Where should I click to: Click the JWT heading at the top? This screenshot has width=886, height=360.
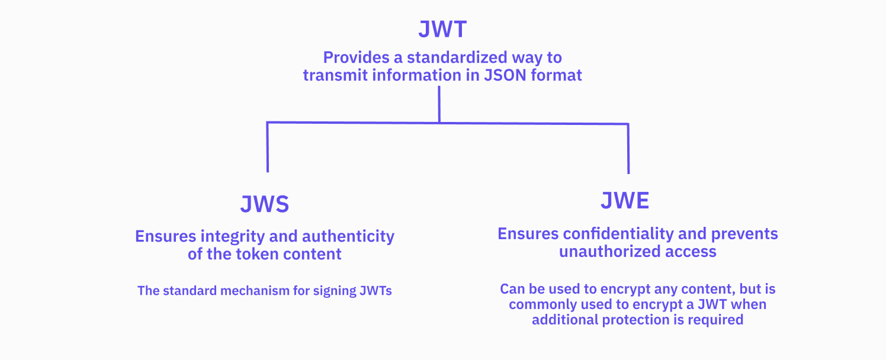tap(442, 29)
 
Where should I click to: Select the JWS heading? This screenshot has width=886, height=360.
tap(265, 204)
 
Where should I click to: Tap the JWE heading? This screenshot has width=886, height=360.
tap(625, 201)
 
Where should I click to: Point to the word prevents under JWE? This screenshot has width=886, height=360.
tap(744, 234)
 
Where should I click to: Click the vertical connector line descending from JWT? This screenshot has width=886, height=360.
tap(439, 104)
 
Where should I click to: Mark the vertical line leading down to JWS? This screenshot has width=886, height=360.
tap(268, 148)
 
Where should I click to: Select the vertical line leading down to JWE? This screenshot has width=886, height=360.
tap(628, 149)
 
